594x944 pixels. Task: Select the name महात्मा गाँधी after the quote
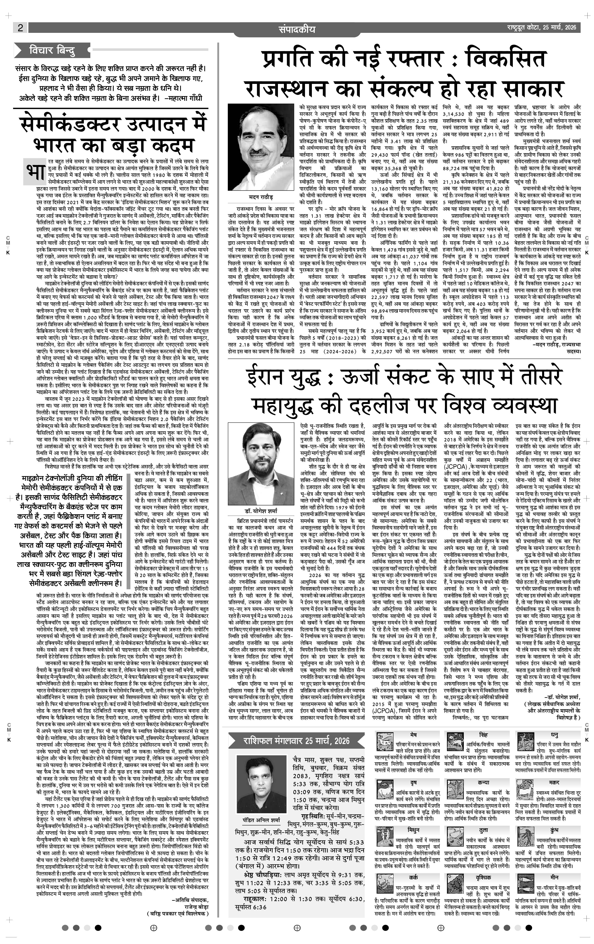(x=187, y=98)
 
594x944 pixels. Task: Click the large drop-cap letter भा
(x=34, y=171)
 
